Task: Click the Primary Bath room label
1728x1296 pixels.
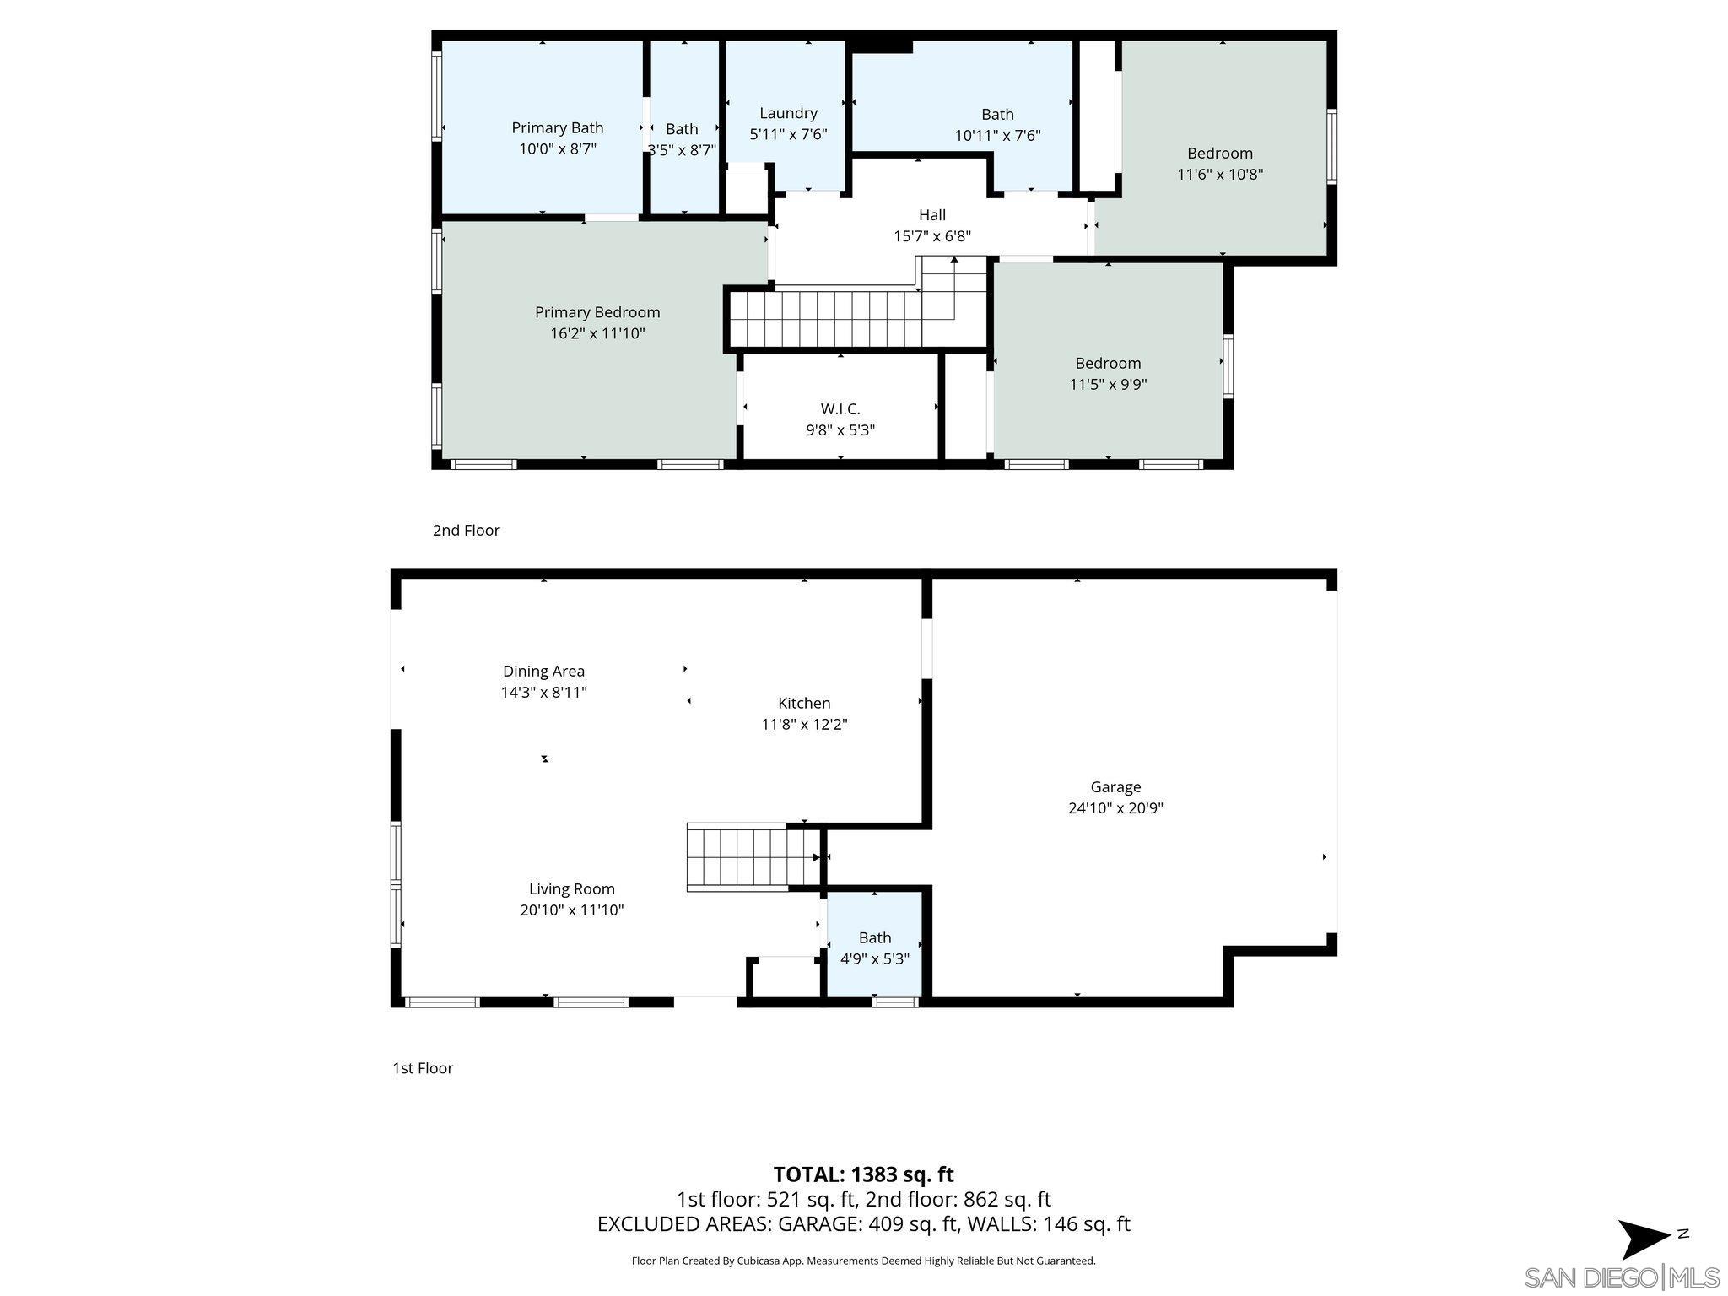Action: pos(557,127)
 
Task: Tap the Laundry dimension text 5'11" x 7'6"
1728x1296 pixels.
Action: pos(788,134)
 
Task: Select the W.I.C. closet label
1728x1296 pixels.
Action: pos(840,409)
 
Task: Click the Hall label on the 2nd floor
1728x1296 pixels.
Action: pos(931,215)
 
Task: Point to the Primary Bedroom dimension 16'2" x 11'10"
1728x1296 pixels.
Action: pos(597,333)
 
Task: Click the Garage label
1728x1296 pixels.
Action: pos(1115,787)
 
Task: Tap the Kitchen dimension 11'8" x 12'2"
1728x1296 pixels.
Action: pos(804,724)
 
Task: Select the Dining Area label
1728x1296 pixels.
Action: pos(543,672)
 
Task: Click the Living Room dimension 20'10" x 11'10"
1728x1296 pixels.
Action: pos(571,910)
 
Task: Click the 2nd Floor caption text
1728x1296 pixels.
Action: pos(466,531)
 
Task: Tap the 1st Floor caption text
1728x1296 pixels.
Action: pos(423,1068)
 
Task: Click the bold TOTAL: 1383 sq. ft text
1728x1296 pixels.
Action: pos(863,1174)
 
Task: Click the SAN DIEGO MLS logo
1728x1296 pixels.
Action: pos(1621,1277)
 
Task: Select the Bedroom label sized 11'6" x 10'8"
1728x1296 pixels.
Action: pos(1219,154)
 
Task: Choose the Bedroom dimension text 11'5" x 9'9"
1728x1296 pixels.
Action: pos(1108,385)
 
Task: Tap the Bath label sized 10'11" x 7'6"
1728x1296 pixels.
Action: pos(997,115)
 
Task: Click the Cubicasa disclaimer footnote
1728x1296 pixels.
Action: pos(863,1261)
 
